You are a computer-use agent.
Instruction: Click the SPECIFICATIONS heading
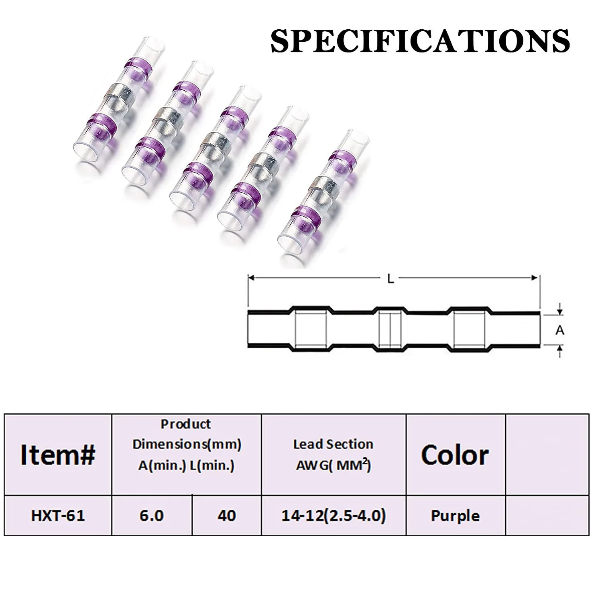click(420, 41)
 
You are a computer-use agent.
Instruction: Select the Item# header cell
click(58, 455)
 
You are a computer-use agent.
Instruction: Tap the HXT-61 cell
click(58, 515)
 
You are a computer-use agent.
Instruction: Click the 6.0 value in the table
click(151, 515)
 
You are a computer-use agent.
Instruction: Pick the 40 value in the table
click(226, 515)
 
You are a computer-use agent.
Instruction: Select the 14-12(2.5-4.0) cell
click(333, 515)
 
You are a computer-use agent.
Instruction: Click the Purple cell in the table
click(455, 515)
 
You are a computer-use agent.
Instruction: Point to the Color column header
click(455, 455)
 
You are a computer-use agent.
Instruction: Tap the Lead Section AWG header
click(333, 454)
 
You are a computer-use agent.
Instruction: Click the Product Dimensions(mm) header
click(186, 445)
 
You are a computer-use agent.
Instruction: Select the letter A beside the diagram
click(560, 330)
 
